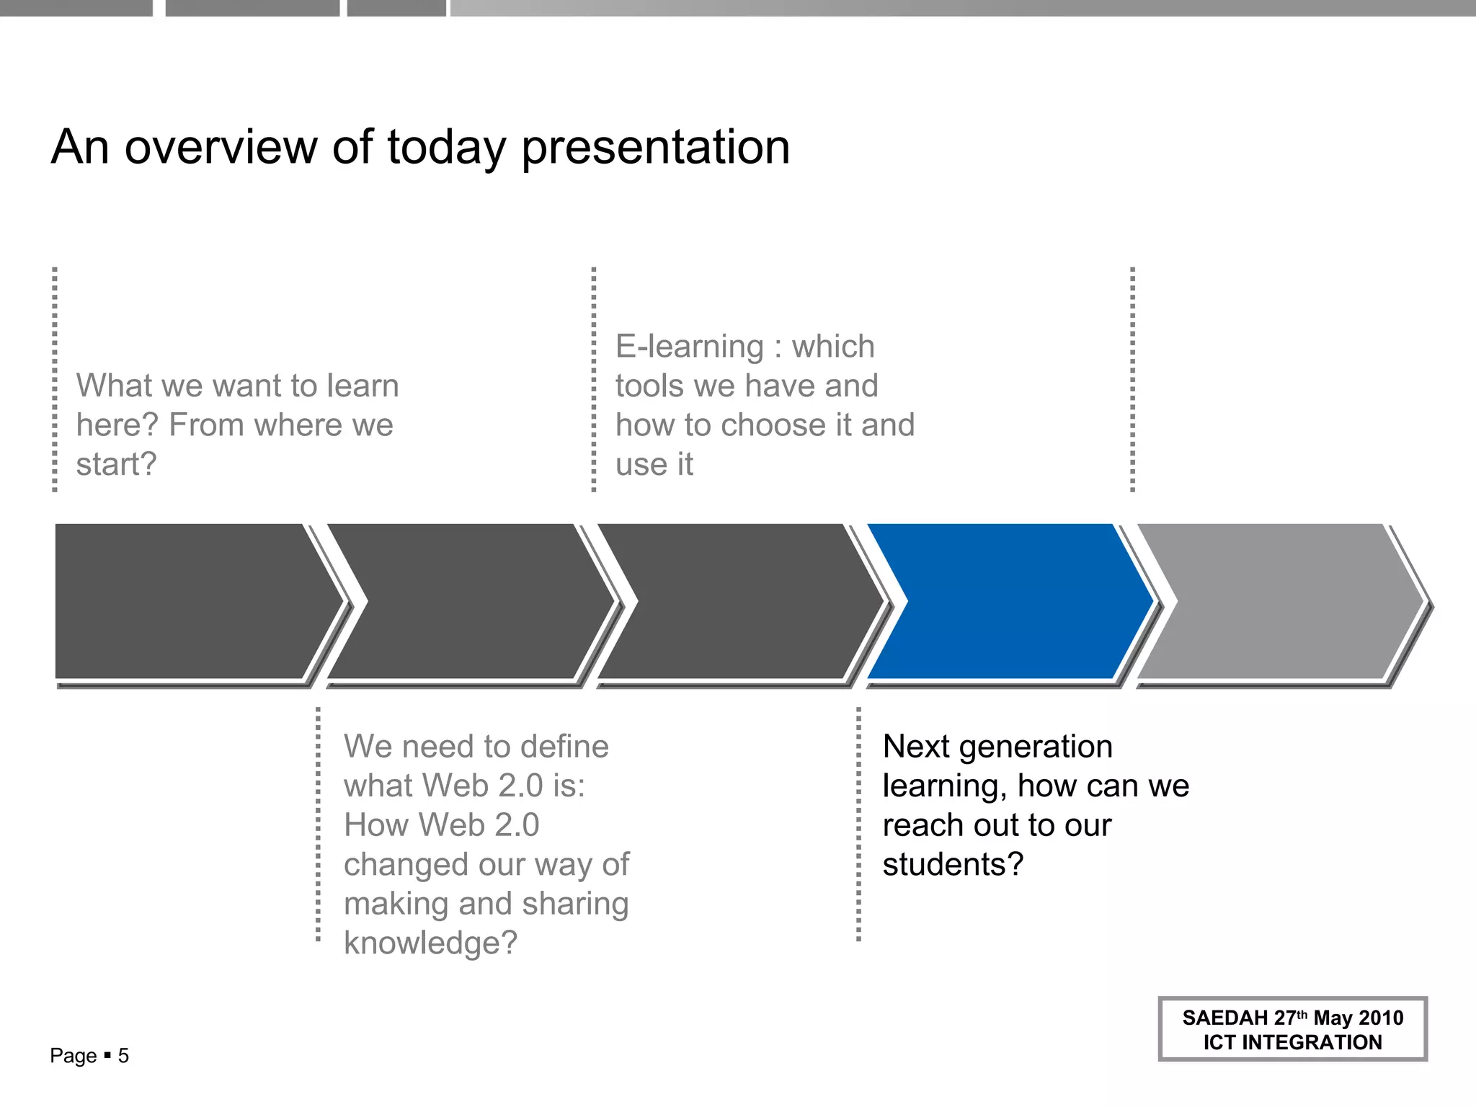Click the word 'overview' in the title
click(x=221, y=147)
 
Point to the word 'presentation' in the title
click(x=655, y=148)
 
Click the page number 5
click(x=123, y=1056)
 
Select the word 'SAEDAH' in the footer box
click(x=1224, y=1018)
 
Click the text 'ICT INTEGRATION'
click(x=1292, y=1042)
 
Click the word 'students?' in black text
click(x=952, y=864)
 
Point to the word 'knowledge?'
click(x=430, y=943)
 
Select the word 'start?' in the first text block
click(x=116, y=464)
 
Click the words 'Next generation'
click(x=997, y=747)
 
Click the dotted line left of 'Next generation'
click(x=858, y=824)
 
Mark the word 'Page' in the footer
click(x=73, y=1056)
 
